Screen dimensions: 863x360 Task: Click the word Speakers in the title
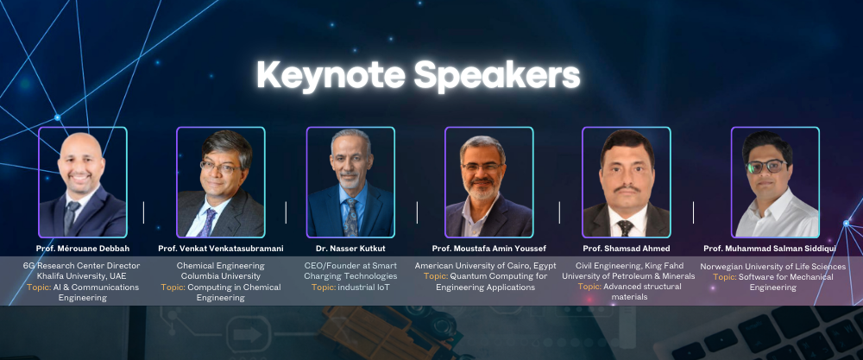(x=498, y=76)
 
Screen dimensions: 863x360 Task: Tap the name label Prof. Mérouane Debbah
(x=83, y=249)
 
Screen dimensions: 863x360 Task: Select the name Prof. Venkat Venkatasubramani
(x=220, y=249)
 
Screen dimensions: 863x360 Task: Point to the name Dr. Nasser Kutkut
(x=350, y=249)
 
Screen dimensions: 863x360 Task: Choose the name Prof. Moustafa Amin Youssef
(x=488, y=249)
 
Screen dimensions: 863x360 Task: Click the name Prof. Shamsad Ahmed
(x=627, y=249)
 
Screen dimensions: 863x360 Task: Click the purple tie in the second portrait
(x=209, y=222)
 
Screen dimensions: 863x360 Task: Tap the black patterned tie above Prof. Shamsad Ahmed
(x=625, y=228)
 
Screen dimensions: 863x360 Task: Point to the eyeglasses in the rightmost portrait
(x=766, y=167)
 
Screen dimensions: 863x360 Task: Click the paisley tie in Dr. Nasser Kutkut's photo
(x=350, y=217)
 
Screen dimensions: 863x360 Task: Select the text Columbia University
(x=221, y=275)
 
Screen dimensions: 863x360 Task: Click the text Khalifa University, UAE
(x=81, y=275)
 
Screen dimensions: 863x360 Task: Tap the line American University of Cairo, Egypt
(x=485, y=265)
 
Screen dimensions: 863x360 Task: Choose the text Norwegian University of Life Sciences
(x=773, y=267)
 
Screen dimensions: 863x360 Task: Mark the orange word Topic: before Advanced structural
(x=589, y=287)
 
